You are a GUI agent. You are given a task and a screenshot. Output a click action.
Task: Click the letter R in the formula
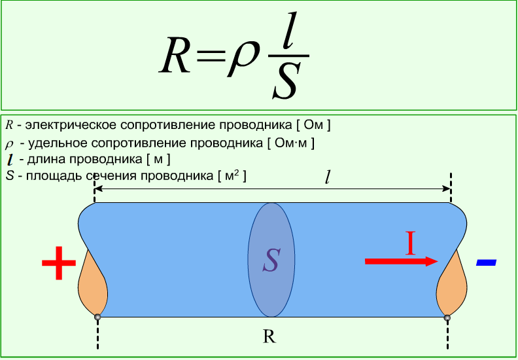(x=175, y=55)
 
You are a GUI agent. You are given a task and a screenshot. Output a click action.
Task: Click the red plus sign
(x=59, y=263)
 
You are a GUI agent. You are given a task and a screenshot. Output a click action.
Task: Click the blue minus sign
(x=486, y=262)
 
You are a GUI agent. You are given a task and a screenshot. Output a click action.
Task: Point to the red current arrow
(x=402, y=261)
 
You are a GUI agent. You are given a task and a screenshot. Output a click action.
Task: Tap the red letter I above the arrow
(x=410, y=243)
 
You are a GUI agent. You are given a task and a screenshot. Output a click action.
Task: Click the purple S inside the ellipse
(x=271, y=260)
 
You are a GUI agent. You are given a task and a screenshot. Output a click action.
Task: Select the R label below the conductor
(x=269, y=337)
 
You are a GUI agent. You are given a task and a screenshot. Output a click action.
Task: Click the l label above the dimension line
(x=327, y=178)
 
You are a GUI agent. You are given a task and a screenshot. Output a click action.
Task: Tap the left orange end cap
(x=92, y=283)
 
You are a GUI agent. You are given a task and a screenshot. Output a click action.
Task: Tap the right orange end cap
(x=451, y=283)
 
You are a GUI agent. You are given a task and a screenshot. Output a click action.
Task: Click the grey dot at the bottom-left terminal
(x=97, y=317)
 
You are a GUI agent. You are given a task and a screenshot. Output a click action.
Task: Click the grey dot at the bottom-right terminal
(x=447, y=317)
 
